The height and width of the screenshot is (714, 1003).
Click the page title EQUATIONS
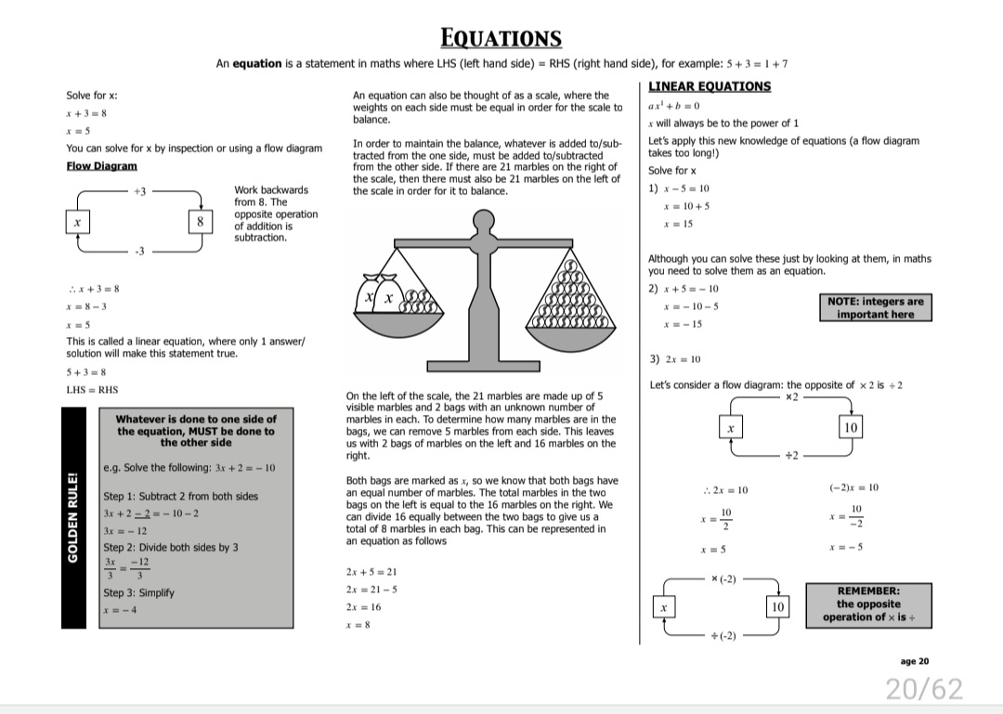click(x=501, y=38)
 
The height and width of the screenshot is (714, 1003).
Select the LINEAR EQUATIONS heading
click(x=710, y=86)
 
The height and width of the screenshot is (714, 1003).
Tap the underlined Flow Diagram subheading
click(x=101, y=165)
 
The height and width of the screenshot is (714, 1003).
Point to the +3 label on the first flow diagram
click(x=139, y=190)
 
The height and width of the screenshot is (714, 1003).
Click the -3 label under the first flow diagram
click(x=139, y=252)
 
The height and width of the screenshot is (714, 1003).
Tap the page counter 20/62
click(x=924, y=689)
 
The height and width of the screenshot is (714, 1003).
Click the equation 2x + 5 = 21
click(x=371, y=572)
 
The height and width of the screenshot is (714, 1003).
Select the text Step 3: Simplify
click(x=139, y=592)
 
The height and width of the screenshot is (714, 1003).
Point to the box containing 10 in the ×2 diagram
click(x=851, y=427)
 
